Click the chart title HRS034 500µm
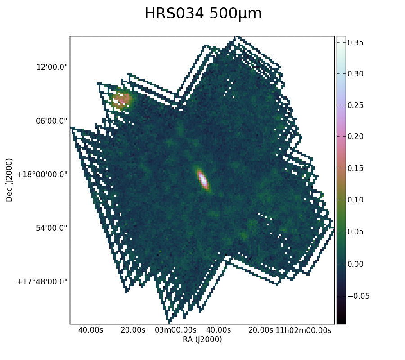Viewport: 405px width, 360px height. [x=203, y=13]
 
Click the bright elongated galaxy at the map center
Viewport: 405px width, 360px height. [x=203, y=180]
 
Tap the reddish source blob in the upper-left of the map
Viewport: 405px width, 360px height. [x=121, y=99]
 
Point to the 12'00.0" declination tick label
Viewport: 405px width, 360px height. [x=52, y=67]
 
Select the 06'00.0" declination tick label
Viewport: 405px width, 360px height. [x=52, y=121]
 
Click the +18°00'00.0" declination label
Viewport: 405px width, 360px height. [x=42, y=175]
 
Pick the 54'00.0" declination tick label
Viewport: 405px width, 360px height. [x=52, y=228]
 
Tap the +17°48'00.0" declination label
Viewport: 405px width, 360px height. [x=42, y=282]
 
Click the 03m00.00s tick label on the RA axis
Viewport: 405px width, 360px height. [x=175, y=330]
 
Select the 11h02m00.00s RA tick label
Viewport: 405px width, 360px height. [x=303, y=330]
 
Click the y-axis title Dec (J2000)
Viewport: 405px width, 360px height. [x=9, y=180]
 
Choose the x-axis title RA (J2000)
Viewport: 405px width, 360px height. [x=202, y=339]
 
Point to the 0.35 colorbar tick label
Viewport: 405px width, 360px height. [x=355, y=43]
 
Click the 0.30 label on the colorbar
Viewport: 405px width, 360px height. [x=355, y=74]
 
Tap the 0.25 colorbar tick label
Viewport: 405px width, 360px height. [x=355, y=105]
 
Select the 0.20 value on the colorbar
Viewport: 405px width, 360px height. [x=355, y=136]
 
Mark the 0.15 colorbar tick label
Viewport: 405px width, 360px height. [x=355, y=168]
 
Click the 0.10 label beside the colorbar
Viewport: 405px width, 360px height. [x=355, y=200]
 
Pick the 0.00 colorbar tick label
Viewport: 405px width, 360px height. [x=355, y=264]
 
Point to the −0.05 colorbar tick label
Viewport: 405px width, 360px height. [x=359, y=296]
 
